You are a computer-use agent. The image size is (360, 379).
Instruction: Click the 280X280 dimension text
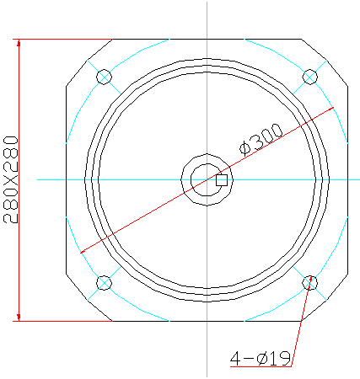pyautogui.click(x=11, y=179)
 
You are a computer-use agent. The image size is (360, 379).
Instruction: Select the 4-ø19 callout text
pyautogui.click(x=261, y=358)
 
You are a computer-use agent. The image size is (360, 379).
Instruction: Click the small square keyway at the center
pyautogui.click(x=222, y=180)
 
